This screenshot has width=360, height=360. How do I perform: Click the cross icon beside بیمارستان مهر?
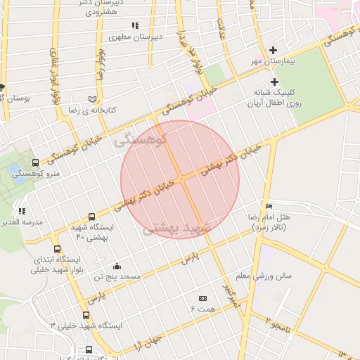click(x=274, y=50)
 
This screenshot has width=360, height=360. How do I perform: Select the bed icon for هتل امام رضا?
click(x=269, y=206)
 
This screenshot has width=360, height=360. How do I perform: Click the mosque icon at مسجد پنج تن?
click(x=117, y=266)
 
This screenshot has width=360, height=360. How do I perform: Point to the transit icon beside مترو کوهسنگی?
click(x=35, y=163)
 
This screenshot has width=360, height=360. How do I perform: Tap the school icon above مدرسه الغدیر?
click(x=21, y=210)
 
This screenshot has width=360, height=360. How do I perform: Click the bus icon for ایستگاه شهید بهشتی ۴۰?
click(x=91, y=217)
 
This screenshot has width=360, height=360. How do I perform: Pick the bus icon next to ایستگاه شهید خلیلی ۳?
click(x=86, y=315)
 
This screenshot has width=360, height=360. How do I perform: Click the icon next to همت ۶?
click(x=202, y=298)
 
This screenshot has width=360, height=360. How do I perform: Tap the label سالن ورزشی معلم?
click(x=264, y=276)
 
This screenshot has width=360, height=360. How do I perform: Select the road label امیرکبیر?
click(x=231, y=296)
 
